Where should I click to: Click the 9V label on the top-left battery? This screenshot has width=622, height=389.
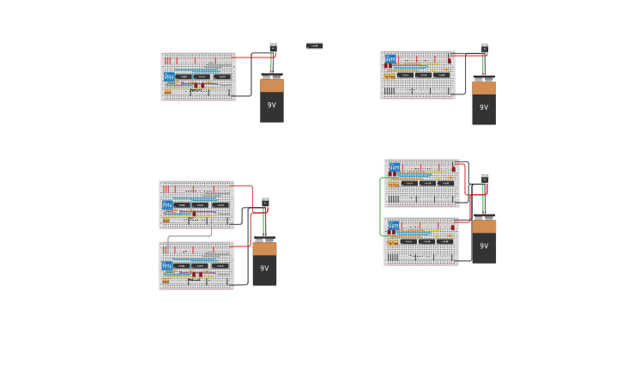click(x=272, y=105)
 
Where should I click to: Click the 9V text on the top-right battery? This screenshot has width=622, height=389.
click(x=484, y=107)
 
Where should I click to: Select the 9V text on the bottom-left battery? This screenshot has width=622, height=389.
click(x=264, y=268)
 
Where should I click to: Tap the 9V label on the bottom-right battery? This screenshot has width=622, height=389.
click(x=484, y=246)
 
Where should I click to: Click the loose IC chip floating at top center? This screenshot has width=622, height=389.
click(x=315, y=46)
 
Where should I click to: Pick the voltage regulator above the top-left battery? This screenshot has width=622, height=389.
click(x=273, y=47)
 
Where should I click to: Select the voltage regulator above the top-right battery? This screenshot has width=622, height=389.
click(x=485, y=47)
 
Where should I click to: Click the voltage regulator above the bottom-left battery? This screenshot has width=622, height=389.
click(x=265, y=202)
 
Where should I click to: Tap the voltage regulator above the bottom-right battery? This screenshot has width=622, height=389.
click(x=485, y=178)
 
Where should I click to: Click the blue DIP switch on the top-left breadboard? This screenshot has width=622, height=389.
click(x=169, y=76)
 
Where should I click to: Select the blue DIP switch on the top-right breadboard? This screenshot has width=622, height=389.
click(x=390, y=58)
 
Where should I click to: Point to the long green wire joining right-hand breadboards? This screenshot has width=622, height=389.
click(x=380, y=206)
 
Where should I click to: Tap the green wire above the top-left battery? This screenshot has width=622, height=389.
click(x=272, y=64)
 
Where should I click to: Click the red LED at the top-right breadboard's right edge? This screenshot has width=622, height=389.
click(x=449, y=60)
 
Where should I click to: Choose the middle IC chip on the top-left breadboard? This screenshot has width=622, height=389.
click(x=202, y=76)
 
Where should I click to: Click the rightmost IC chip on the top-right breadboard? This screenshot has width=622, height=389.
click(x=441, y=75)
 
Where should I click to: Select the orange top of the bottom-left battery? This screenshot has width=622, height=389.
click(x=264, y=248)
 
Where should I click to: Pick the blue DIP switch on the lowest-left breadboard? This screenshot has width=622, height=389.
click(x=167, y=265)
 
